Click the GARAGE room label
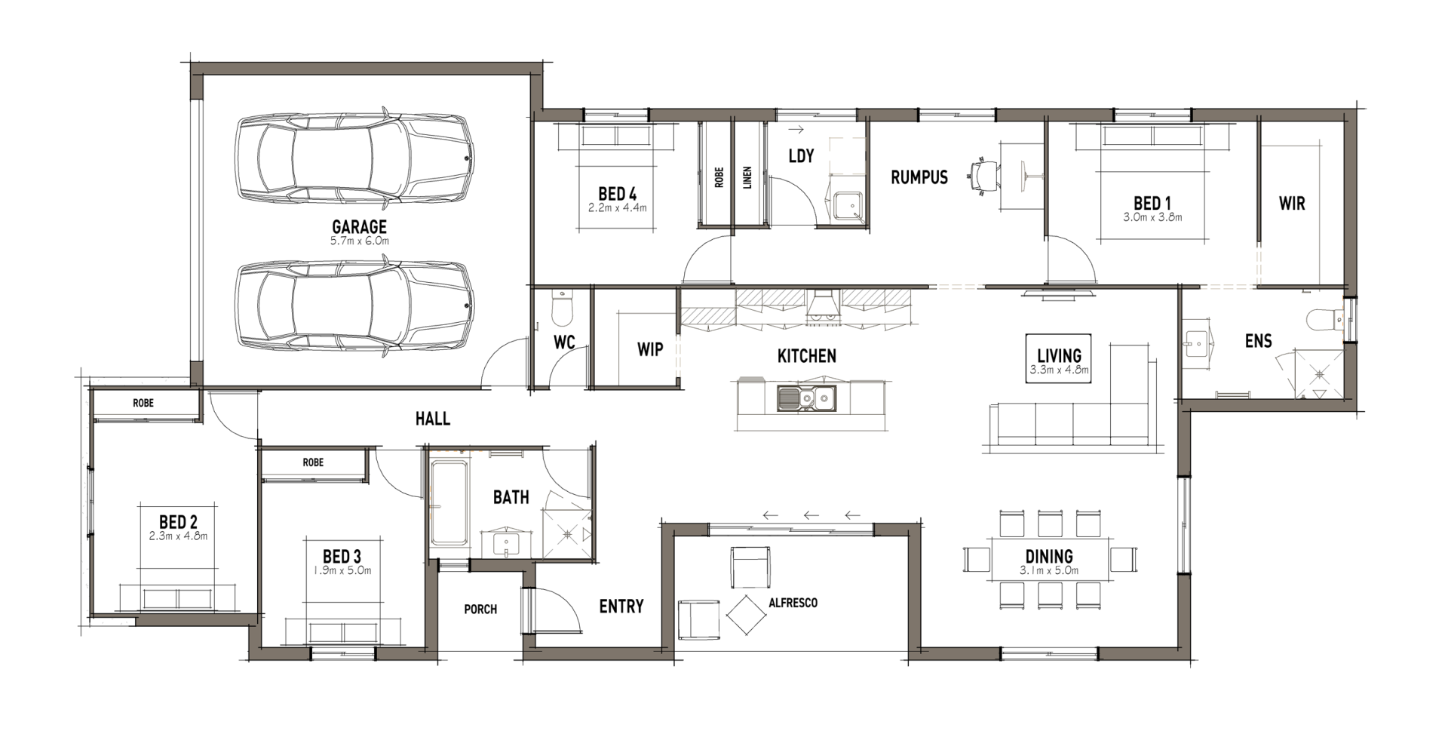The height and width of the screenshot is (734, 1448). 359,226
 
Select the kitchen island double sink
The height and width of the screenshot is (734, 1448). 806,398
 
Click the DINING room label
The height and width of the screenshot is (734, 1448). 1050,556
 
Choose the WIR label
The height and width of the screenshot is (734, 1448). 1291,203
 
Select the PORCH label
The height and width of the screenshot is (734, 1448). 480,610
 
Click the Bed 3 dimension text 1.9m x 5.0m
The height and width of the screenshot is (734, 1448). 342,570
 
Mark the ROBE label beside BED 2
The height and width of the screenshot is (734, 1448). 143,403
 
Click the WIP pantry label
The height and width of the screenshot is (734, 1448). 650,349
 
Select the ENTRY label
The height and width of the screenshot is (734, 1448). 621,607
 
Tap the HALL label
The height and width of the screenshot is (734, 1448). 433,419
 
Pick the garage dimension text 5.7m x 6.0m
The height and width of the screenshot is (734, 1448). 360,241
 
